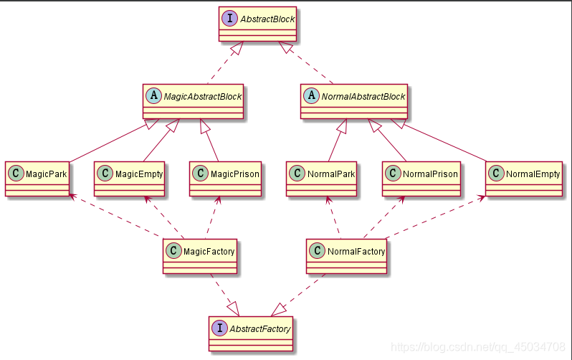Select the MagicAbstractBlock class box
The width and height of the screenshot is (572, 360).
pyautogui.click(x=194, y=101)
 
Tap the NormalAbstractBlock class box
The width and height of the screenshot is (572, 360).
pyautogui.click(x=354, y=101)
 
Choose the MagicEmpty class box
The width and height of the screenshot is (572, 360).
pyautogui.click(x=130, y=179)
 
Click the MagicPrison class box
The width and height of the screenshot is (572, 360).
pyautogui.click(x=224, y=179)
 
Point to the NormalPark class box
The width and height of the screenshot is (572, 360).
pyautogui.click(x=321, y=179)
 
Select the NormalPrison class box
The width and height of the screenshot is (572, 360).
pyautogui.click(x=421, y=179)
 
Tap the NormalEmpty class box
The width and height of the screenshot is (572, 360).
pyautogui.click(x=523, y=179)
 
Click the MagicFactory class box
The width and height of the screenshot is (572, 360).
pyautogui.click(x=200, y=257)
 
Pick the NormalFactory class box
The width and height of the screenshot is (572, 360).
pyautogui.click(x=347, y=257)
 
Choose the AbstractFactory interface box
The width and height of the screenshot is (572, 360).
pyautogui.click(x=251, y=334)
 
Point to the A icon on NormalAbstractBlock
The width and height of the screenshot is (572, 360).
pyautogui.click(x=311, y=96)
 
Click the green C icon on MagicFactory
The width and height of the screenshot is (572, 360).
pyautogui.click(x=173, y=251)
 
